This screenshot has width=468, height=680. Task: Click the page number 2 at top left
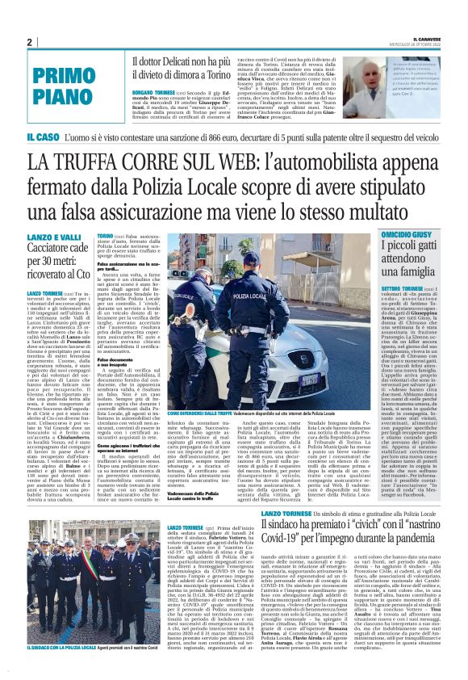(x=28, y=42)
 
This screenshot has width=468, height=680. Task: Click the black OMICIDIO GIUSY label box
(x=403, y=233)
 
